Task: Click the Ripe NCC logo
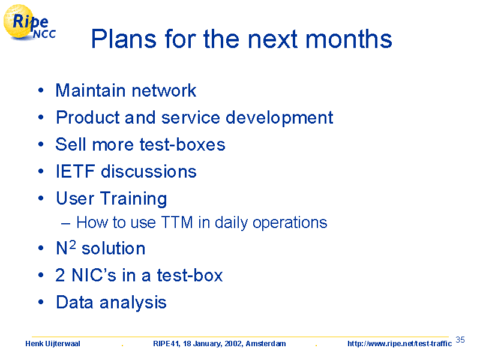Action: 29,23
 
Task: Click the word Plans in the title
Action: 124,39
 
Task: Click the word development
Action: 279,118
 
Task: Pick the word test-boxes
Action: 182,145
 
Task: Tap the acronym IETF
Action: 75,171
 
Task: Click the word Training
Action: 133,199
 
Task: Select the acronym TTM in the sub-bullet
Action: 177,222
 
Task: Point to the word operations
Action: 290,223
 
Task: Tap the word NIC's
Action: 94,275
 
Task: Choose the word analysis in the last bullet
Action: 133,303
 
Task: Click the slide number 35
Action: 460,340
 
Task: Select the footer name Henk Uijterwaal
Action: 53,344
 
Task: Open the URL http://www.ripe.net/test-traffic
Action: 400,344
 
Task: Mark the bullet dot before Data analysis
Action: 41,302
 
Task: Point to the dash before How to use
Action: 65,224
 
